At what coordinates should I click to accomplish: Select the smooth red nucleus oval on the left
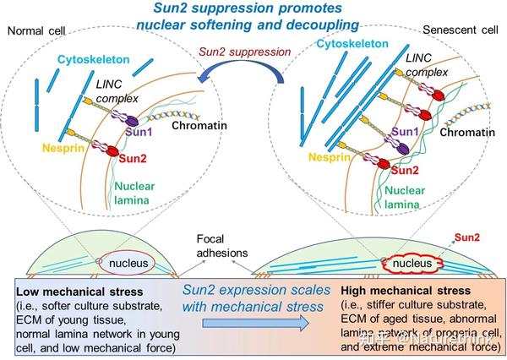pos(134,265)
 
